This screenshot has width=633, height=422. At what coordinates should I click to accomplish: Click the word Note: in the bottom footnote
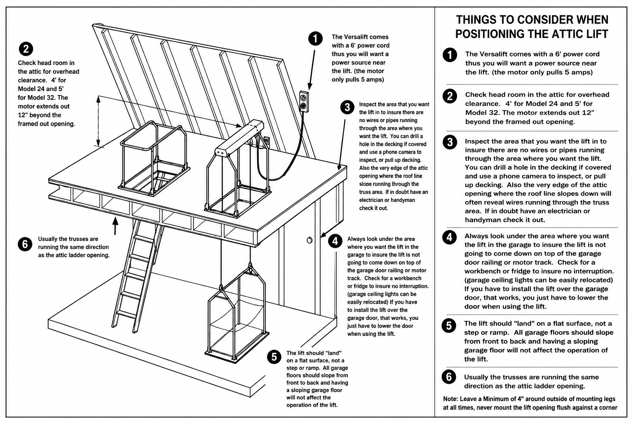(450, 399)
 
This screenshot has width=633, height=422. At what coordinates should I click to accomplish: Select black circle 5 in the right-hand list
(449, 326)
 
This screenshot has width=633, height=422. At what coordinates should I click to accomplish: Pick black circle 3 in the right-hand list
(450, 142)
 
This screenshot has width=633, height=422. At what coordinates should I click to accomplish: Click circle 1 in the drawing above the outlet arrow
(315, 38)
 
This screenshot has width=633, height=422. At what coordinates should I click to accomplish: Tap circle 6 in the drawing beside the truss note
(25, 244)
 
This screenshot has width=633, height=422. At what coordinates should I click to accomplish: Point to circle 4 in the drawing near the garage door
(335, 241)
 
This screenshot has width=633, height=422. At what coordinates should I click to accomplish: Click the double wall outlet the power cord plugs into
(304, 101)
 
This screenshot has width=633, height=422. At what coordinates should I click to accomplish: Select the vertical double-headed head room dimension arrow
(98, 121)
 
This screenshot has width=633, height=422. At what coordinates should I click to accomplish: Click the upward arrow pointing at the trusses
(115, 225)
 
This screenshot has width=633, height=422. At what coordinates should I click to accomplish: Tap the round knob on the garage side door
(309, 240)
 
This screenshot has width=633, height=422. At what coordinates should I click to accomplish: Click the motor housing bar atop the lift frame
(239, 138)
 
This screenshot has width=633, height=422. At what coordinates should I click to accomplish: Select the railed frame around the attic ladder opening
(154, 159)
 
